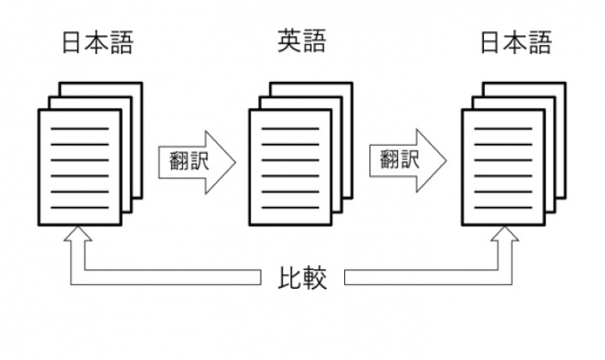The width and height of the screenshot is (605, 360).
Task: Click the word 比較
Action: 302,279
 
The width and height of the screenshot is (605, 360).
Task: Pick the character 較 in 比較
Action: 316,279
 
